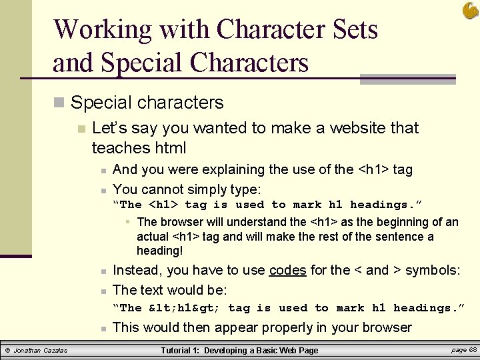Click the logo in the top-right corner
(x=469, y=10)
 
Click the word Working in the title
(x=101, y=30)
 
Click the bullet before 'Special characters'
(x=59, y=103)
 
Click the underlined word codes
(x=287, y=270)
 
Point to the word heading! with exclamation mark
(x=159, y=251)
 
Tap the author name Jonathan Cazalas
(x=41, y=351)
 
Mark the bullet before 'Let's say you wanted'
(x=81, y=129)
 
